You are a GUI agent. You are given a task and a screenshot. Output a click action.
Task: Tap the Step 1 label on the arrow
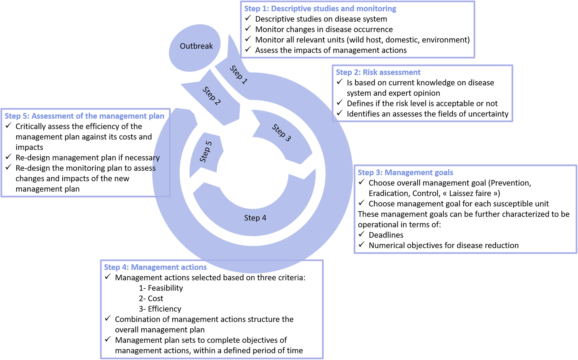[x=239, y=75]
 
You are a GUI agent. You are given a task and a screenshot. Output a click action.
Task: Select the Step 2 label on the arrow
[x=212, y=96]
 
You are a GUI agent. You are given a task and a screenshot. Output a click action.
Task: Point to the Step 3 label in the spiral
[x=281, y=133]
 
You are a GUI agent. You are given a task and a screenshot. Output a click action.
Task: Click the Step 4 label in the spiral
[x=255, y=218]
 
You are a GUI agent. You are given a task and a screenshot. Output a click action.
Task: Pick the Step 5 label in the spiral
[x=206, y=152]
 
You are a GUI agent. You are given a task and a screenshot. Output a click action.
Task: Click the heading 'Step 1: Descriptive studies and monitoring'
[x=320, y=9]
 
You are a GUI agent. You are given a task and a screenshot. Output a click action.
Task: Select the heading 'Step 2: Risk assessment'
[x=378, y=72]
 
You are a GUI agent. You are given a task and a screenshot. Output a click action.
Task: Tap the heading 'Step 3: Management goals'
[x=405, y=172]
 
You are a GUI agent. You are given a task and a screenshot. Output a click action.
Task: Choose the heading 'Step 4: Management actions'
[x=155, y=267]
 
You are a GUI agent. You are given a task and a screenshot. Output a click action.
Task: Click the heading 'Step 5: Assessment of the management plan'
[x=84, y=116]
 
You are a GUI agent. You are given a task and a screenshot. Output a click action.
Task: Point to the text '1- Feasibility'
[x=161, y=288]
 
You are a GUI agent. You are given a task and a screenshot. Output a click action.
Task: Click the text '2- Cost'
[x=151, y=298]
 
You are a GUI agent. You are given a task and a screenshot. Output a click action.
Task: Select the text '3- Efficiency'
[x=160, y=309]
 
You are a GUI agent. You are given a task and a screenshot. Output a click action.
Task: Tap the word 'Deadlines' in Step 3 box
[x=386, y=235]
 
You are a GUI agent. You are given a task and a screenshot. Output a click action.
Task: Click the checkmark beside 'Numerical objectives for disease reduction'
[x=361, y=245]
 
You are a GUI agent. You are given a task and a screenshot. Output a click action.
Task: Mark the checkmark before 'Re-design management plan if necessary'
[x=8, y=157]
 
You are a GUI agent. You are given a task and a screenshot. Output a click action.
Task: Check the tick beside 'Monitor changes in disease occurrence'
[x=248, y=29]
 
